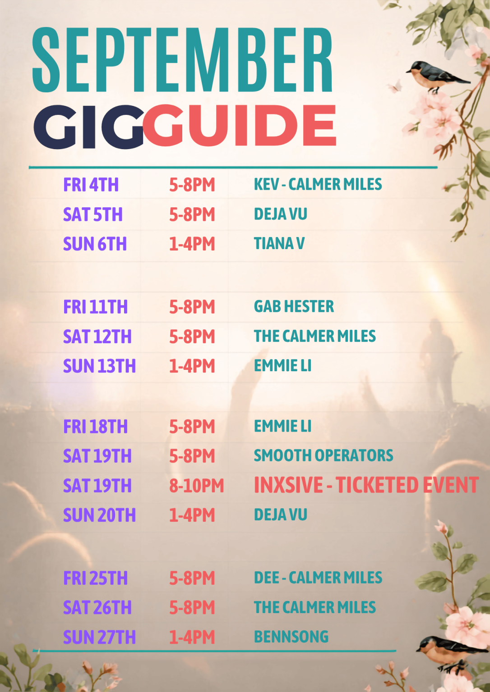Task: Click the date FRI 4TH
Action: [91, 185]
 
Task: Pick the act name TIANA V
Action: [279, 243]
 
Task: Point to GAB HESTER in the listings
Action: [294, 306]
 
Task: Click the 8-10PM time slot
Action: [196, 486]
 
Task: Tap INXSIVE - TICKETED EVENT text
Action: [366, 485]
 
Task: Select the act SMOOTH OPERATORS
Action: [324, 455]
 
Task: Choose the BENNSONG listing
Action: [291, 637]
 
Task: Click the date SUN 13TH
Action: [99, 366]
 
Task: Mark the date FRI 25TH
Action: [95, 578]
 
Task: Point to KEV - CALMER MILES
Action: [318, 184]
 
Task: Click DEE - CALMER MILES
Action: [318, 578]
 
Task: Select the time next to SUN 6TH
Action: [192, 244]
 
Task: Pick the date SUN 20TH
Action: [99, 515]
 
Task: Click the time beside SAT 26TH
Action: [192, 608]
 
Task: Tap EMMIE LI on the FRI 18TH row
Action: [282, 426]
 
